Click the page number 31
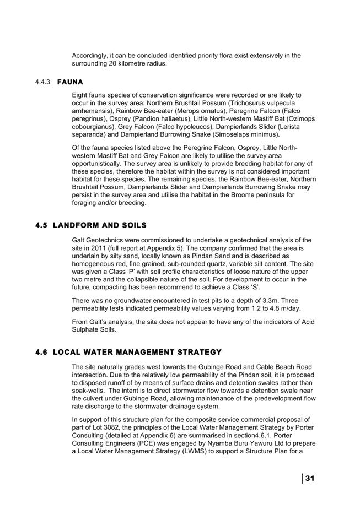coord(309,478)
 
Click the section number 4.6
coord(41,352)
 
